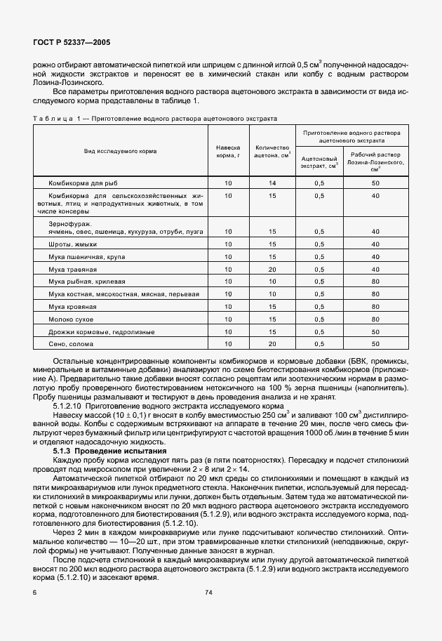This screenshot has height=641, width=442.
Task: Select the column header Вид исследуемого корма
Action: pos(120,151)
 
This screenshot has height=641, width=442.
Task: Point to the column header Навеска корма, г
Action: pos(228,151)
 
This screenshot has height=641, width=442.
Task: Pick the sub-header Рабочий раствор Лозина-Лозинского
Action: pos(375,162)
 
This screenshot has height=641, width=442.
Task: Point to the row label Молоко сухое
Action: pos(71,319)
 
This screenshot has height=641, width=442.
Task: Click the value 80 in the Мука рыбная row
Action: pos(375,282)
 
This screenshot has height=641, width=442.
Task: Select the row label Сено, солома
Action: pos(69,344)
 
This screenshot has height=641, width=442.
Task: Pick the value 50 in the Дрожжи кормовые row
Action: pos(375,331)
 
